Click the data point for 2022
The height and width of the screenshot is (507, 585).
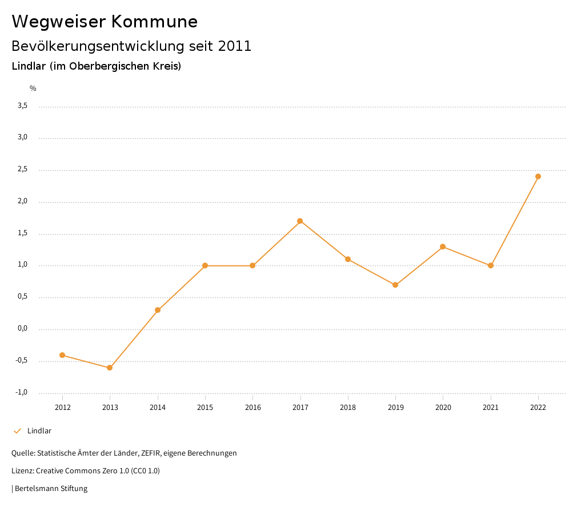[538, 176]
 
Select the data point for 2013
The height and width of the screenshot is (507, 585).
[110, 368]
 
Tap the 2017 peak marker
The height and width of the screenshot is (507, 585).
[300, 221]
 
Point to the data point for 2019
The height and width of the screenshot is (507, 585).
[395, 285]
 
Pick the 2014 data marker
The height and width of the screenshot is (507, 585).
[158, 310]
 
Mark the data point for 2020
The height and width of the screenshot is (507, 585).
[443, 247]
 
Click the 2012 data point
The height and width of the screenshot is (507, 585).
[62, 355]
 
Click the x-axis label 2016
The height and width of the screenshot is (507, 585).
[253, 408]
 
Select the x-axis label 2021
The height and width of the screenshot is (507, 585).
[491, 408]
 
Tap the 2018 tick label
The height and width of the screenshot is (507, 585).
[348, 408]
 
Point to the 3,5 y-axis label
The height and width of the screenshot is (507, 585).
[22, 106]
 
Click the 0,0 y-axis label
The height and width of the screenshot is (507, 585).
[22, 329]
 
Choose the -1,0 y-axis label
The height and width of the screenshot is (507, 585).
[21, 392]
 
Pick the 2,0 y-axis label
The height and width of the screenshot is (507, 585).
[22, 202]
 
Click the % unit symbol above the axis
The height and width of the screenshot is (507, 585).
[33, 88]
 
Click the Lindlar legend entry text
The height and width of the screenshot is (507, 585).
[39, 431]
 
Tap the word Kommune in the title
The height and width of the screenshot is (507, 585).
[154, 22]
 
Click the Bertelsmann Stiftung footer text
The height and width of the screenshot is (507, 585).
[51, 489]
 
